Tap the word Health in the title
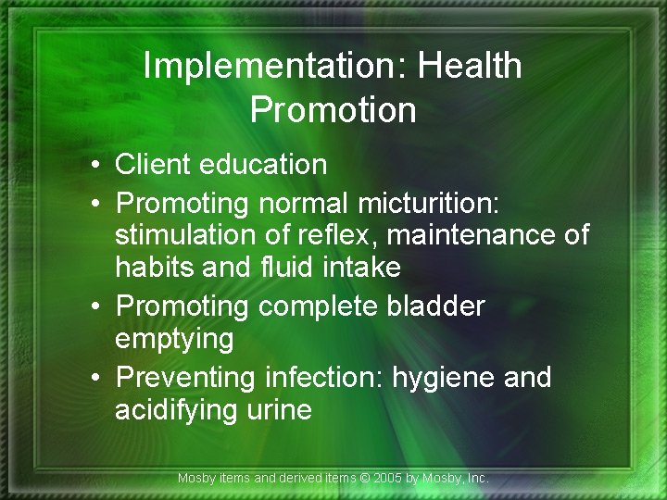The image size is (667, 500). point(470,66)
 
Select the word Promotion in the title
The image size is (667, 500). point(333,109)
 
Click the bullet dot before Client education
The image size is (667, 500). point(96,166)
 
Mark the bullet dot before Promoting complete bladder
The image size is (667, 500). point(96,306)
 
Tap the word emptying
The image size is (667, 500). point(174,339)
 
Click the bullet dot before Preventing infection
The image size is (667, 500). point(96,378)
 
